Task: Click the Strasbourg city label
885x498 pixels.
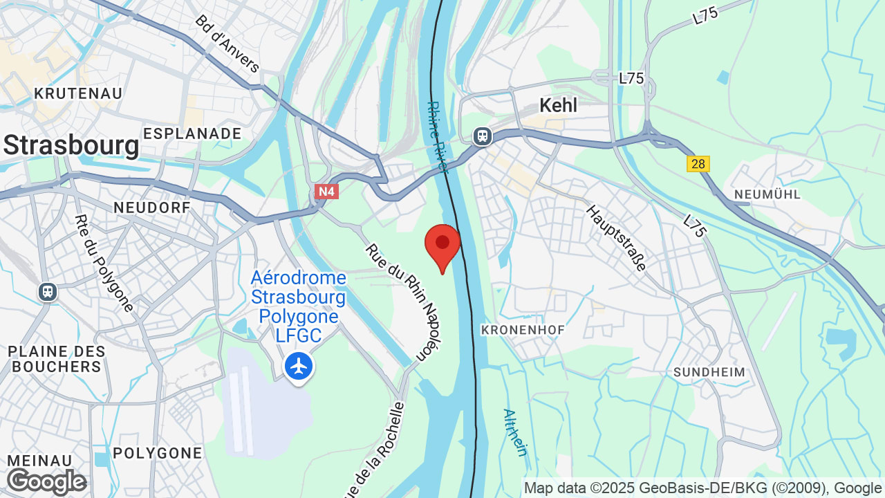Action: (x=71, y=146)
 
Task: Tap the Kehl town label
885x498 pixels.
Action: (x=558, y=105)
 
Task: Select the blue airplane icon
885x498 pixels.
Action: (x=299, y=366)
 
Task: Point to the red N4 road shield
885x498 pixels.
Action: (x=326, y=191)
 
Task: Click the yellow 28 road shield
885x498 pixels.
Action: (x=698, y=164)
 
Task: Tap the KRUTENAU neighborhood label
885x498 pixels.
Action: (x=78, y=93)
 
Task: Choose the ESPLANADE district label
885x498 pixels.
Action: (x=192, y=133)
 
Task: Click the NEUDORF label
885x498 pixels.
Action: (x=151, y=207)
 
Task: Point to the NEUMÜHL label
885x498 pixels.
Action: (x=767, y=194)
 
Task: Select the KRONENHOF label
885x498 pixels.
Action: (x=523, y=330)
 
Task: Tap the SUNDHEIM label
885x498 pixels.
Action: (x=710, y=372)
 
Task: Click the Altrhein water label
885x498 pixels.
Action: (x=515, y=432)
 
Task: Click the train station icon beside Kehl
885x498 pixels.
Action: (x=483, y=136)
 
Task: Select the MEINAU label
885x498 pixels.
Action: (x=40, y=461)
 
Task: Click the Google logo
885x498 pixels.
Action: (x=46, y=481)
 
